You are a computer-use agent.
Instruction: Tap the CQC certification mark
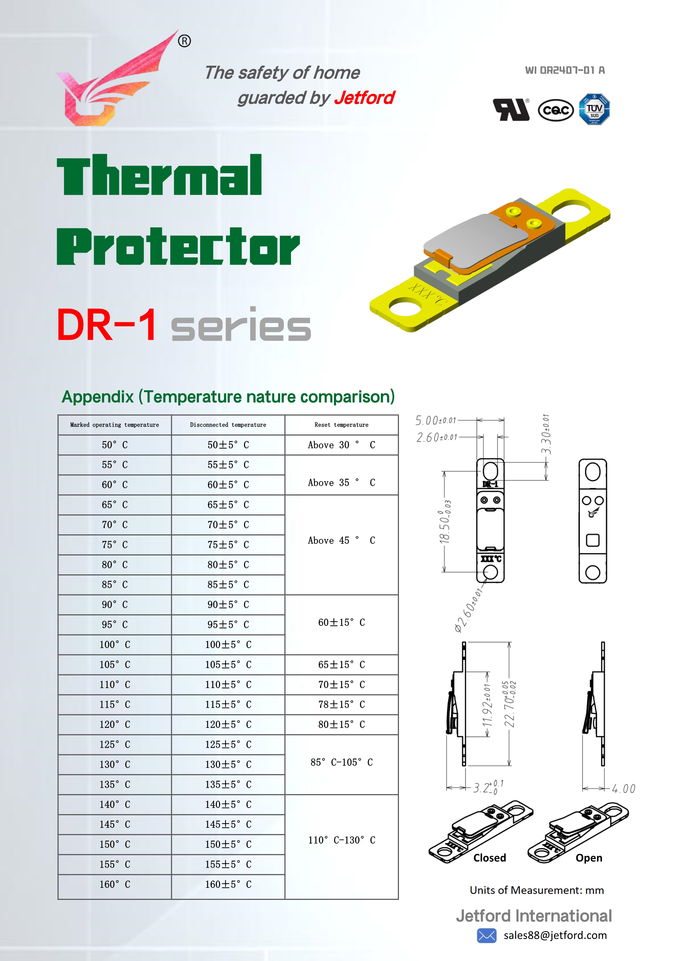pos(556,110)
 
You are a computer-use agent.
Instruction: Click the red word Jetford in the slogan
pos(364,98)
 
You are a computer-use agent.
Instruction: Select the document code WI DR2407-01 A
pos(565,70)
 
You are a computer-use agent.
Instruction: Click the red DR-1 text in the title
pos(107,325)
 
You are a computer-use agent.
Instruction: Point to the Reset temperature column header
pos(341,425)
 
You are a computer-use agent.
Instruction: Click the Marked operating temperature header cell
pos(114,425)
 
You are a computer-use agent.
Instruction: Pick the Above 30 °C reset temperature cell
pos(341,445)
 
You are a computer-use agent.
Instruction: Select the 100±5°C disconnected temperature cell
pos(228,645)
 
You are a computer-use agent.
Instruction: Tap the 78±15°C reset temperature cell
pos(341,705)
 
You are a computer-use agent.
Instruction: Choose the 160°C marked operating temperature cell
pos(114,884)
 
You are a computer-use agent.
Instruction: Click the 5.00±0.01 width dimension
pos(435,420)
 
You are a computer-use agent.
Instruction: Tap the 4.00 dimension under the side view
pos(624,789)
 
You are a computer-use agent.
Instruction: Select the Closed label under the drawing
pos(489,858)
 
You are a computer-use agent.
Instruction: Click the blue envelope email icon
pos(486,936)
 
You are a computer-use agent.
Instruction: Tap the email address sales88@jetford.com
pos(555,936)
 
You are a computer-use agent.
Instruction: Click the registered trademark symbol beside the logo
pos(184,41)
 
